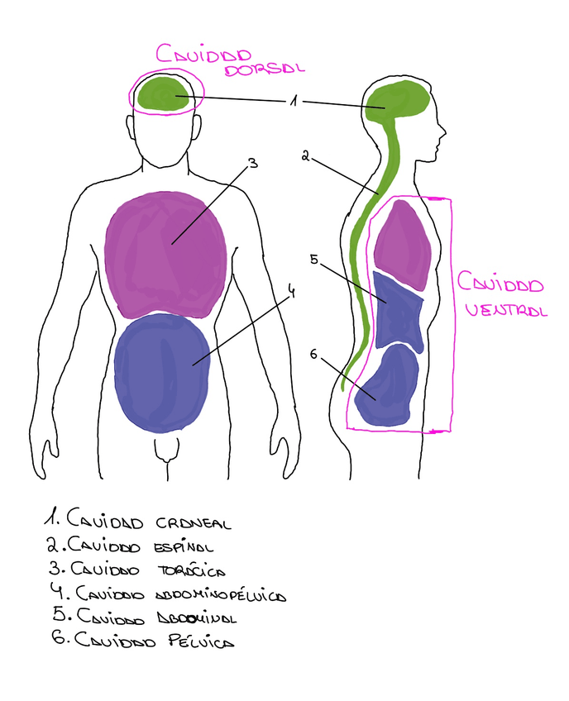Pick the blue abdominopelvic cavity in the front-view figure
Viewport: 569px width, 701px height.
point(161,372)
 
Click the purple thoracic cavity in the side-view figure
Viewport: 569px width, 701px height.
point(402,240)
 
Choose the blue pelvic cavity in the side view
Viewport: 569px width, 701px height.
point(387,387)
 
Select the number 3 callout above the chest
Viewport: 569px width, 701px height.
point(253,163)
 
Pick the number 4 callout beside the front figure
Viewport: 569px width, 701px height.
point(291,291)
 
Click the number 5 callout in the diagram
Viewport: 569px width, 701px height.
point(313,260)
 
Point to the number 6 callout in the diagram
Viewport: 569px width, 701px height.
point(314,354)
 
